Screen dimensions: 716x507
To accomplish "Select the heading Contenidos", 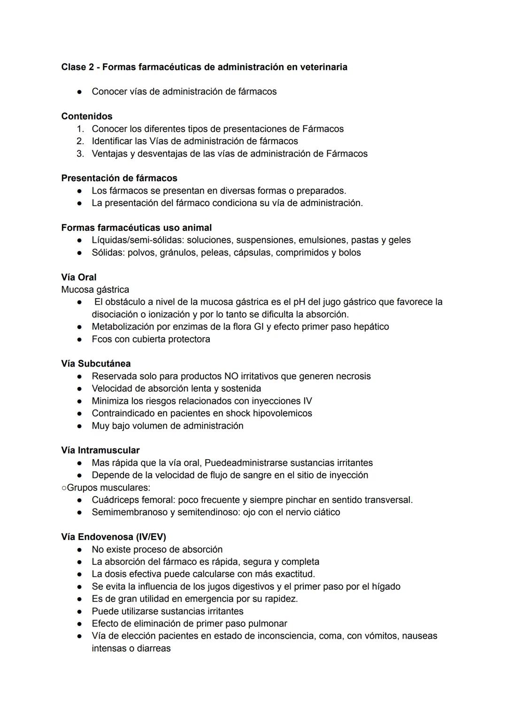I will pos(87,116).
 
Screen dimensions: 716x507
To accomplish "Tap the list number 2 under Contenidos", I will pos(80,141).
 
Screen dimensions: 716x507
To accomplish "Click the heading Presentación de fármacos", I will pos(119,178).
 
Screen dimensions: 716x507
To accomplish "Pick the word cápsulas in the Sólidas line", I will pos(294,253).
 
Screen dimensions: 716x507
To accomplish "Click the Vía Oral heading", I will pos(79,277).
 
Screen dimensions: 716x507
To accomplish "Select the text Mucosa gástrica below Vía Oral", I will pos(95,290).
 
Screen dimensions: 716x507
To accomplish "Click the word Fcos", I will pos(101,339).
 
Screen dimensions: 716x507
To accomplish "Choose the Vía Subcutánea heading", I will pos(96,364).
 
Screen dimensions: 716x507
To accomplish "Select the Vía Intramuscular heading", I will pos(100,450).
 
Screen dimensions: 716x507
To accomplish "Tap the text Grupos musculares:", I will pos(108,488).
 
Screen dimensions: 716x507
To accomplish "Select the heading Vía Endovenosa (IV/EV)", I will pos(114,537).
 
